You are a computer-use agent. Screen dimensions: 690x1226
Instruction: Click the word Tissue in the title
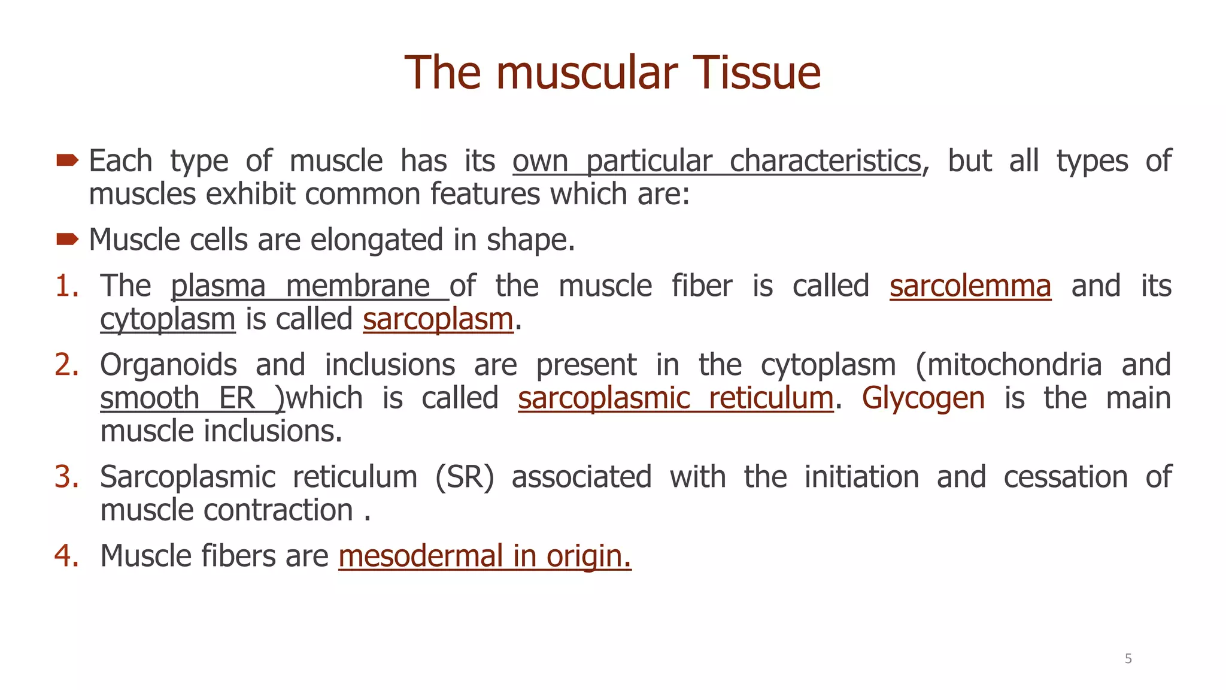(x=756, y=73)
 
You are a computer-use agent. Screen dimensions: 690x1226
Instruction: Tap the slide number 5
(x=1128, y=659)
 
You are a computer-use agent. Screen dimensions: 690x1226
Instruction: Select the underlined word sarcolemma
(x=970, y=286)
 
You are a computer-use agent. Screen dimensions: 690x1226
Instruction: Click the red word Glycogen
(x=923, y=398)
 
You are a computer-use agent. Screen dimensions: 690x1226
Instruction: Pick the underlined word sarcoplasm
(x=438, y=319)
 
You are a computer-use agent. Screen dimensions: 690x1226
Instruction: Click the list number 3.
(x=66, y=477)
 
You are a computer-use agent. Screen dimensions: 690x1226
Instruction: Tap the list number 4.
(x=66, y=556)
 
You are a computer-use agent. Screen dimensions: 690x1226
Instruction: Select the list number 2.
(x=66, y=365)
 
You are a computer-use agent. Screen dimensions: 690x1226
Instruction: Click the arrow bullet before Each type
(x=67, y=160)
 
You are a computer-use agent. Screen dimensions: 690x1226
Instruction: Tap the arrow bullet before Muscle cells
(x=67, y=240)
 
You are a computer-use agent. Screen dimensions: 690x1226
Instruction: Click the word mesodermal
(x=420, y=556)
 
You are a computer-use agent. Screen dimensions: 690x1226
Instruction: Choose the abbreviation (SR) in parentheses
(x=465, y=477)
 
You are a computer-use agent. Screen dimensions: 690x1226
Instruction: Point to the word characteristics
(x=825, y=161)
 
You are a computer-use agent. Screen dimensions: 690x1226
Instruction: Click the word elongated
(x=377, y=240)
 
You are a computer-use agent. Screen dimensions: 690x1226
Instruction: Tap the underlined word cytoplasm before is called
(x=168, y=319)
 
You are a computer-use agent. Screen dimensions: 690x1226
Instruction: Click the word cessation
(x=1066, y=477)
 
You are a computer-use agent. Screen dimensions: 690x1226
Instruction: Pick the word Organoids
(x=168, y=365)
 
